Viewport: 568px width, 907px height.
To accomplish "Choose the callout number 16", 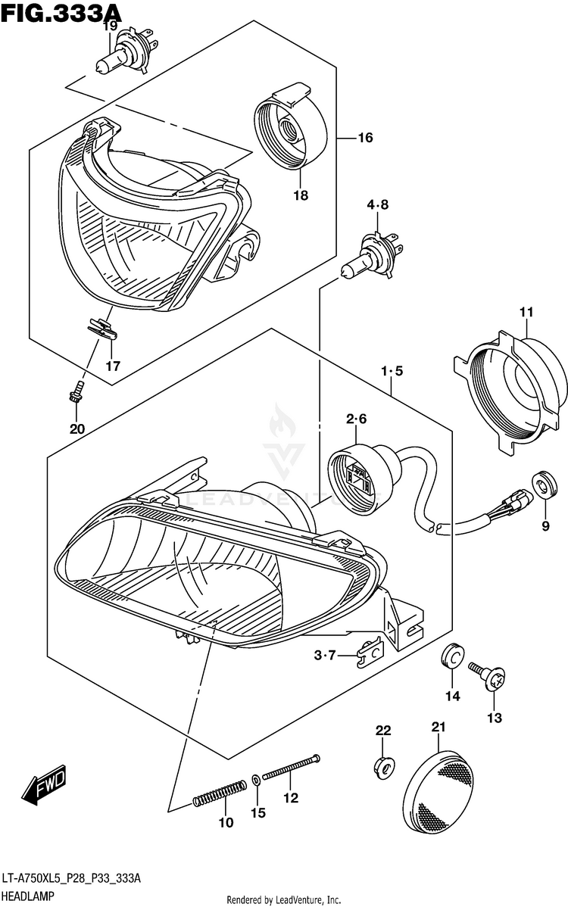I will tap(365, 138).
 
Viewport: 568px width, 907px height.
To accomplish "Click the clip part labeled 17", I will tap(101, 329).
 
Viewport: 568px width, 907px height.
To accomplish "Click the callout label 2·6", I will tap(356, 419).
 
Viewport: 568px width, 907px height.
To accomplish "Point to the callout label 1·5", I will tap(392, 371).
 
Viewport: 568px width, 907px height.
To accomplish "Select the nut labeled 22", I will tap(383, 766).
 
